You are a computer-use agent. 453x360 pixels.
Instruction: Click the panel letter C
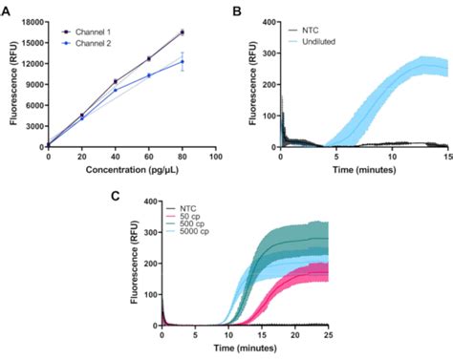(114, 197)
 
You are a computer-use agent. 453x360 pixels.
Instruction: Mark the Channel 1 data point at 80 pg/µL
(183, 32)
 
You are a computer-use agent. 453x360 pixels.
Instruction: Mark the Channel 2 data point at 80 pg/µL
(183, 61)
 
